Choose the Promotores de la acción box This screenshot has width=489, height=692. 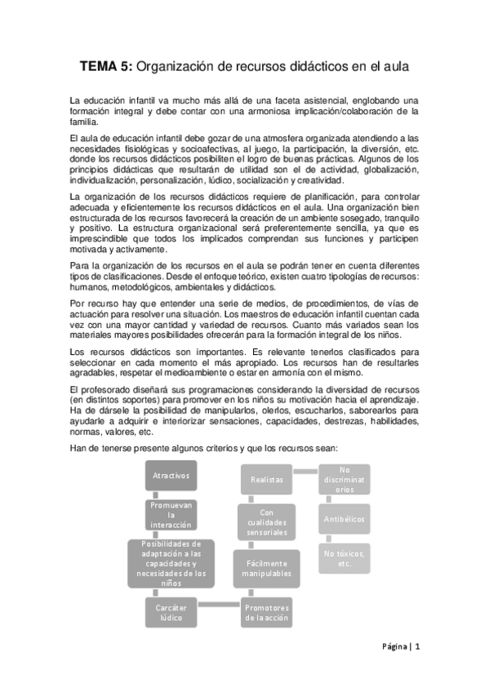pos(266,613)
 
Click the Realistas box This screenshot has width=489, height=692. pos(266,480)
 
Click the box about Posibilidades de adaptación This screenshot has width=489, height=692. pos(171,563)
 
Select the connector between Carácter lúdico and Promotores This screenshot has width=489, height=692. pos(221,605)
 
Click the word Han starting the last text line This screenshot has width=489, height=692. pos(78,447)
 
